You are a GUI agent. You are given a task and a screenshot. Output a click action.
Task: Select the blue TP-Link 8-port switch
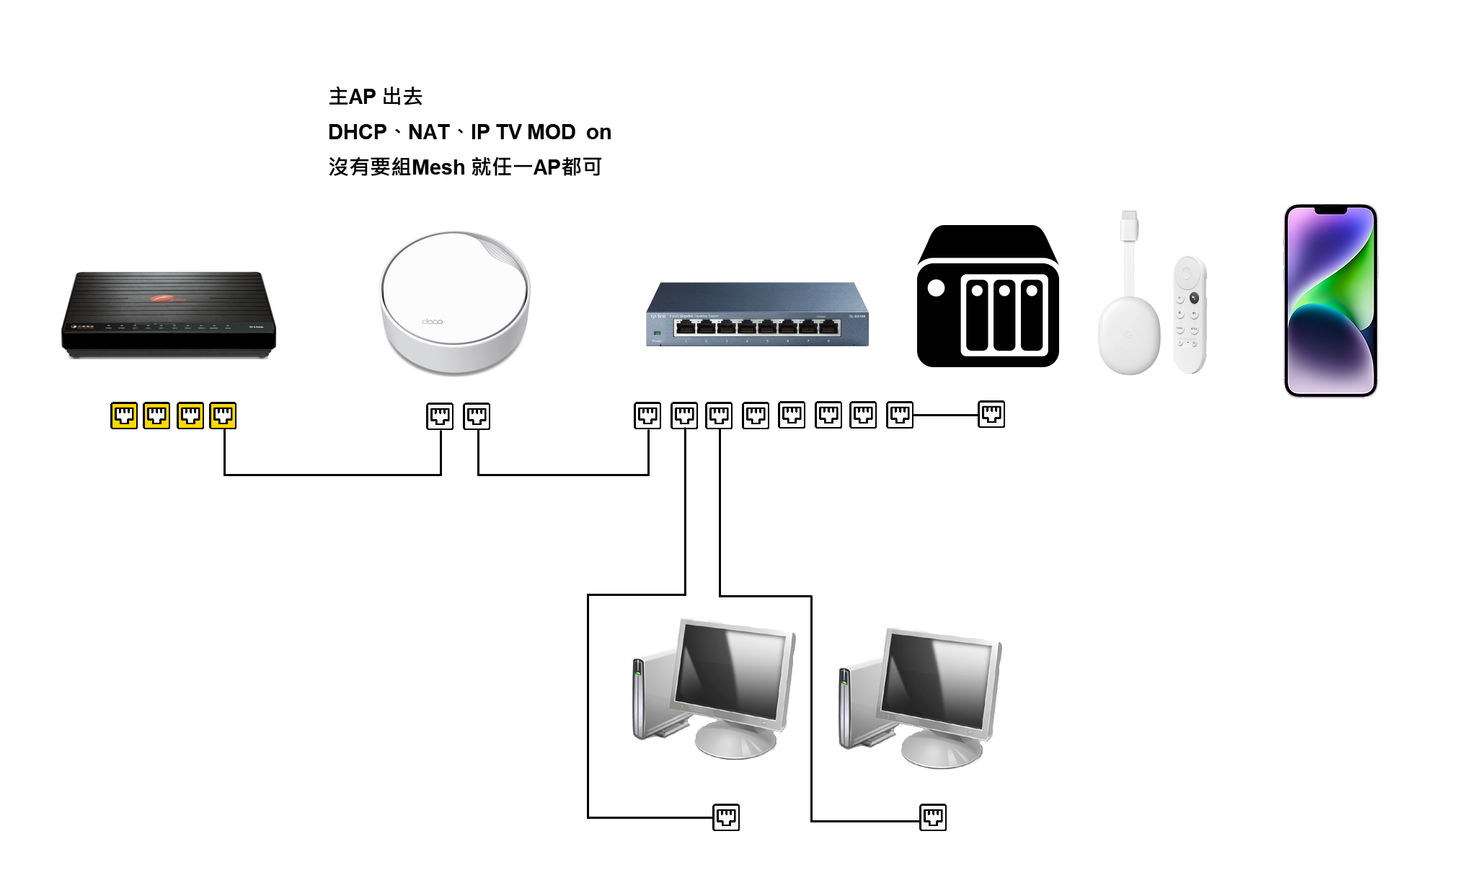757,315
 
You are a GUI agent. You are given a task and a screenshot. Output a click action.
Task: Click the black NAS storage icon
988,297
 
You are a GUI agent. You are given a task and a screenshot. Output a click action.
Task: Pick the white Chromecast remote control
1190,315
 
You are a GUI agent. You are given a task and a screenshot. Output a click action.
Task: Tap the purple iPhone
1330,300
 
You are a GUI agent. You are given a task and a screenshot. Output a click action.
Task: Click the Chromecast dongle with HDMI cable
1129,317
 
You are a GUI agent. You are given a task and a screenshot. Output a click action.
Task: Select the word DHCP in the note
358,132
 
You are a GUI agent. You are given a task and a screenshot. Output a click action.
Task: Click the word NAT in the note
429,132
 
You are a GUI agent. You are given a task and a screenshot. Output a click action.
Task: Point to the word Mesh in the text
438,167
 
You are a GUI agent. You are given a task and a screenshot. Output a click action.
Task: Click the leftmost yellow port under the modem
124,416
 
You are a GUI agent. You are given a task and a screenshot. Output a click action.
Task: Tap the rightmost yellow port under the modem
223,416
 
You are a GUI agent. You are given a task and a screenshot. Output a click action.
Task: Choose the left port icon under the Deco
440,416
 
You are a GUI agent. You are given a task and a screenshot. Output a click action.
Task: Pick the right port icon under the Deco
477,416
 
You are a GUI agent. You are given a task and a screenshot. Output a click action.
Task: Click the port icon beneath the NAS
991,414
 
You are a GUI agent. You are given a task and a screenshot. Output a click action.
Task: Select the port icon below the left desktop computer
726,817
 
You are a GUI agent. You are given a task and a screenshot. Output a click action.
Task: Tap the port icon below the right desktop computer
933,817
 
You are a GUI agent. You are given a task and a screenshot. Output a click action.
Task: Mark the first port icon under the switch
647,416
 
